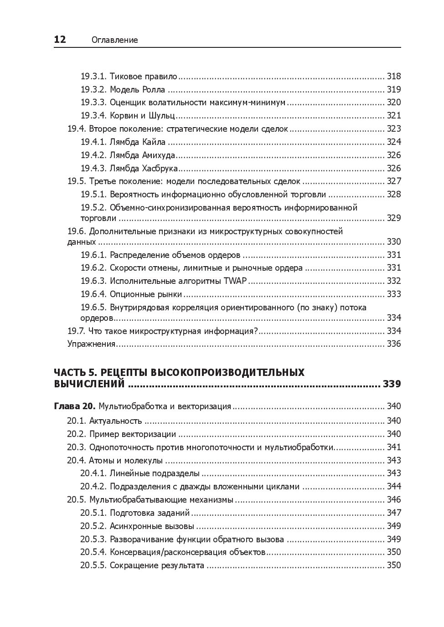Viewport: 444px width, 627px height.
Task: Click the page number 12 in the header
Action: click(x=60, y=40)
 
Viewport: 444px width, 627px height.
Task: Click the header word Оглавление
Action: click(x=114, y=40)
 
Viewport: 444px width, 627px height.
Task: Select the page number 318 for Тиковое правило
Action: click(x=393, y=76)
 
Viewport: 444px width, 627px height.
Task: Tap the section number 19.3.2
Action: click(x=93, y=89)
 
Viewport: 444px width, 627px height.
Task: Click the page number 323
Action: click(x=393, y=128)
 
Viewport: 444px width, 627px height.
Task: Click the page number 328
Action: click(x=393, y=195)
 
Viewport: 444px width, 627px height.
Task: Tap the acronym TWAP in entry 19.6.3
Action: click(x=235, y=281)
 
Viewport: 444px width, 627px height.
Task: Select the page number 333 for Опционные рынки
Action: click(x=393, y=294)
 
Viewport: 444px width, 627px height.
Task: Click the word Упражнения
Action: click(x=91, y=344)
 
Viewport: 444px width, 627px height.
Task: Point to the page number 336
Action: click(x=393, y=344)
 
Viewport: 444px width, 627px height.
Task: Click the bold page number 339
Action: click(x=392, y=384)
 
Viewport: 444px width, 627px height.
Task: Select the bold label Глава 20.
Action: click(x=74, y=406)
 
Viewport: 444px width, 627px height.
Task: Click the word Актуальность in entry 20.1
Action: click(x=116, y=421)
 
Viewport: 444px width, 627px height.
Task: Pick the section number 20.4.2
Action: click(x=93, y=487)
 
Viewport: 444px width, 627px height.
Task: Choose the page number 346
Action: click(x=393, y=500)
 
